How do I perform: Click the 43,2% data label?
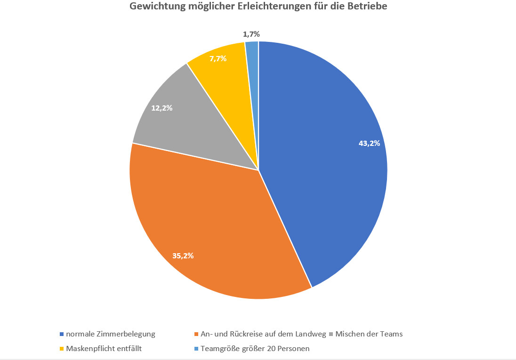click(369, 144)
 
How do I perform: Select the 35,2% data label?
click(183, 256)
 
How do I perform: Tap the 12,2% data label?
click(161, 108)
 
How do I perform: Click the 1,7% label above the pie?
click(251, 34)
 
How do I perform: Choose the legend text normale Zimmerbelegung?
click(111, 334)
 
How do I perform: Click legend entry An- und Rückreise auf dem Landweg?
click(263, 334)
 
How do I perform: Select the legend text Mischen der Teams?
click(369, 334)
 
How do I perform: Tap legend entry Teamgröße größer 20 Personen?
click(255, 349)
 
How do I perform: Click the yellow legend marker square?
click(62, 349)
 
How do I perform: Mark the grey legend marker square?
click(331, 334)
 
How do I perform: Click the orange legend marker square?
click(196, 334)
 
